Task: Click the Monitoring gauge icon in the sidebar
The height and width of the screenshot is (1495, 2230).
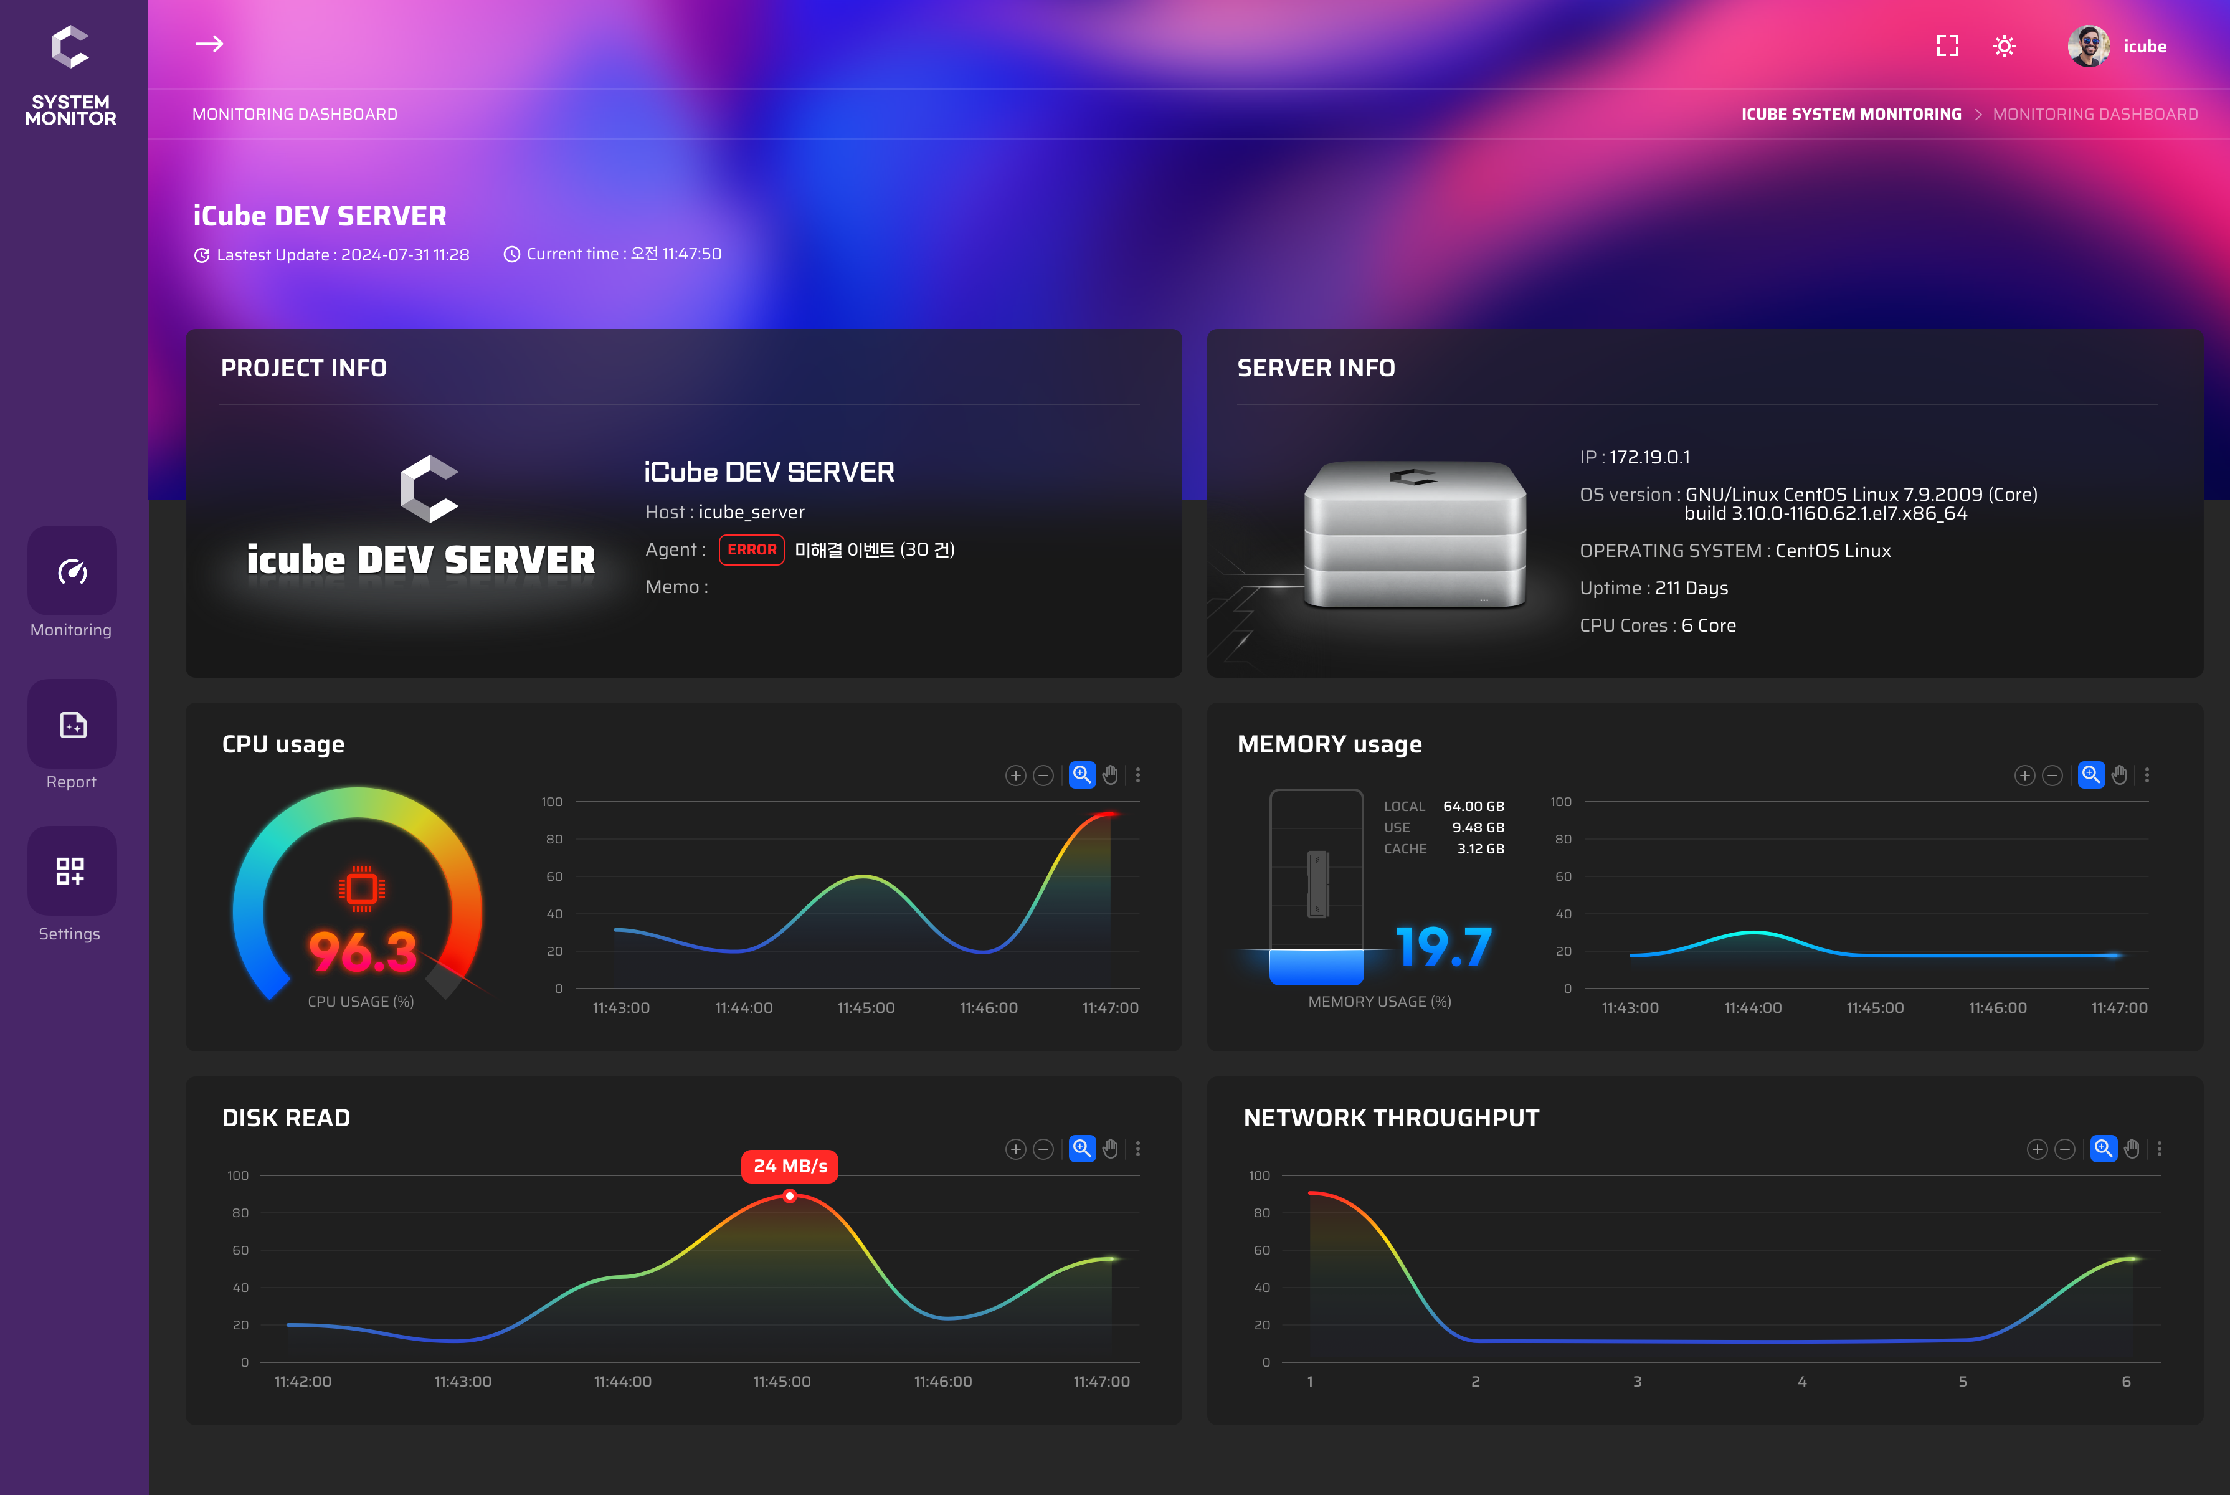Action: (x=72, y=571)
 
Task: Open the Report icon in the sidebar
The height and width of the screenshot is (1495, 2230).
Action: (x=72, y=724)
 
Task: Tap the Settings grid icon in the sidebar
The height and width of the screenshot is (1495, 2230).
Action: (x=70, y=870)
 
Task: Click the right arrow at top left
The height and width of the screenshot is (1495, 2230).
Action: (x=209, y=44)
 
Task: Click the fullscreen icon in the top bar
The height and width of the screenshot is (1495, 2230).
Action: (x=1947, y=45)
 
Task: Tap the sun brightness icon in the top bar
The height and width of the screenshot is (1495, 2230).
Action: (x=2004, y=45)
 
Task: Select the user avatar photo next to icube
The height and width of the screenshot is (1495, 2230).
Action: (x=2088, y=45)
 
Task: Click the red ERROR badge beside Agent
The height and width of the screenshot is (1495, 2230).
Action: (x=751, y=550)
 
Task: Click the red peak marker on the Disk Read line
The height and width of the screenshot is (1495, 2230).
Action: (x=789, y=1195)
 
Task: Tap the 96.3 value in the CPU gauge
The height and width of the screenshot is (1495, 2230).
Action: (x=363, y=952)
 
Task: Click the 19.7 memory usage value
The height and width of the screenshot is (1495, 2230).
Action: (x=1443, y=947)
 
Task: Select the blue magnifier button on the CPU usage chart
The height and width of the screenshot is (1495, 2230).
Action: (x=1081, y=775)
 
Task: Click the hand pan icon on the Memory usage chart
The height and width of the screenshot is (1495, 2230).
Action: (x=2118, y=775)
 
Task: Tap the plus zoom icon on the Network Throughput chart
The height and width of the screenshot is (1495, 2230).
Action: (x=2036, y=1149)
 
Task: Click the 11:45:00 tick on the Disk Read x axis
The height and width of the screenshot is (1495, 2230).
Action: (x=782, y=1382)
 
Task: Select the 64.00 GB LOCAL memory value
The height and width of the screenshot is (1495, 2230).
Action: (x=1473, y=807)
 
